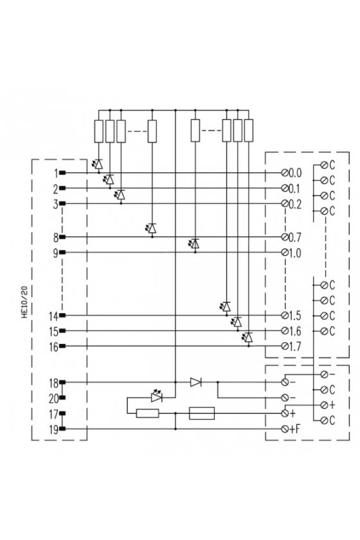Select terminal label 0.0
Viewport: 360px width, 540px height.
click(x=295, y=172)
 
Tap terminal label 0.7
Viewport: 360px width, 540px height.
click(x=295, y=237)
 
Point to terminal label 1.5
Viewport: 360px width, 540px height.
click(x=295, y=315)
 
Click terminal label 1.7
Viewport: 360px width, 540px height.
click(x=295, y=346)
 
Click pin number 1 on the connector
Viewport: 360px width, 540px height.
click(x=56, y=173)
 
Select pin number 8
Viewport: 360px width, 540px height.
click(x=55, y=237)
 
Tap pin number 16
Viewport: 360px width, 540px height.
click(x=53, y=346)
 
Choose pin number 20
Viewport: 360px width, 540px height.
click(x=53, y=399)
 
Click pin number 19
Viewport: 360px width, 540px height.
click(x=53, y=429)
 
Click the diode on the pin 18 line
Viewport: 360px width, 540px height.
click(x=195, y=382)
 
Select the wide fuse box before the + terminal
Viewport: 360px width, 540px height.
click(x=202, y=413)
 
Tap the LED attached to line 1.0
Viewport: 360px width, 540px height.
click(x=194, y=244)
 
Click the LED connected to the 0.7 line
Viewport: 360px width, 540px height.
click(x=151, y=228)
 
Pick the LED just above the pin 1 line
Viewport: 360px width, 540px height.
click(x=98, y=163)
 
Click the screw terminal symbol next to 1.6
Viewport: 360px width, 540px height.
click(x=285, y=330)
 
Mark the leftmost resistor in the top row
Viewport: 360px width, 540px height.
click(x=99, y=131)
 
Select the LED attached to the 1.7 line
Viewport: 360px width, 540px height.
click(x=248, y=337)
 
